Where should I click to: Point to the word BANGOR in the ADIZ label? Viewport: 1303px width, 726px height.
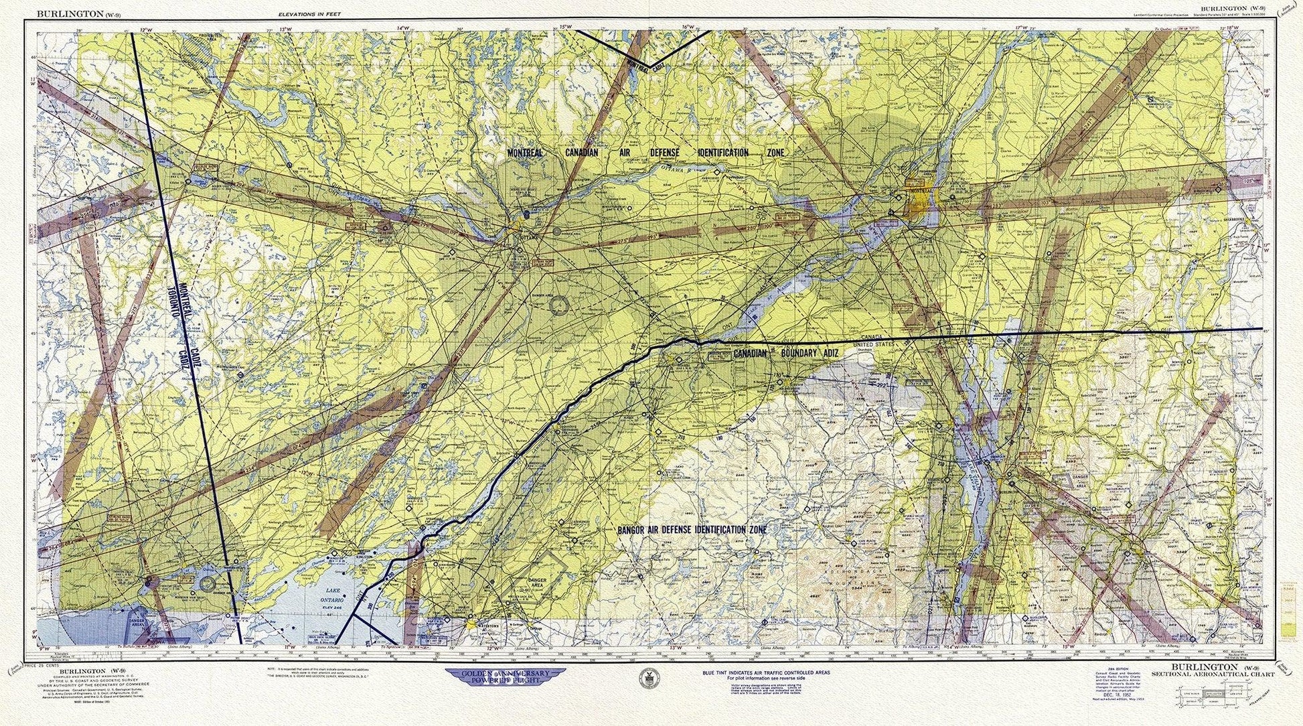point(632,530)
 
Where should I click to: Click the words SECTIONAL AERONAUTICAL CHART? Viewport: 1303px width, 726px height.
point(1213,675)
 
